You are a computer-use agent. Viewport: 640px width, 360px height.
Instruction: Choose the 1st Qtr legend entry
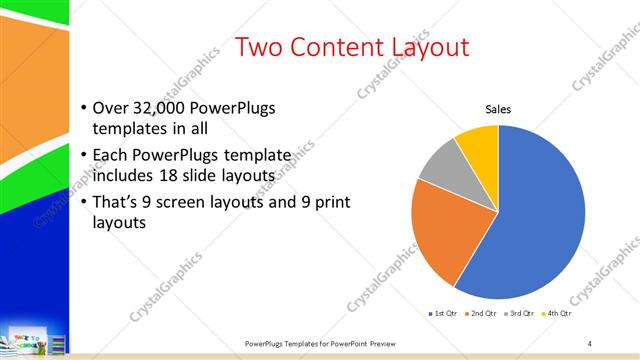pyautogui.click(x=443, y=314)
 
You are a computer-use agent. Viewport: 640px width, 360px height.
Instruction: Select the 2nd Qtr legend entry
pyautogui.click(x=480, y=314)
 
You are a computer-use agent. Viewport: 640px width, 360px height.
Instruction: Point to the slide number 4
pyautogui.click(x=590, y=343)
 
